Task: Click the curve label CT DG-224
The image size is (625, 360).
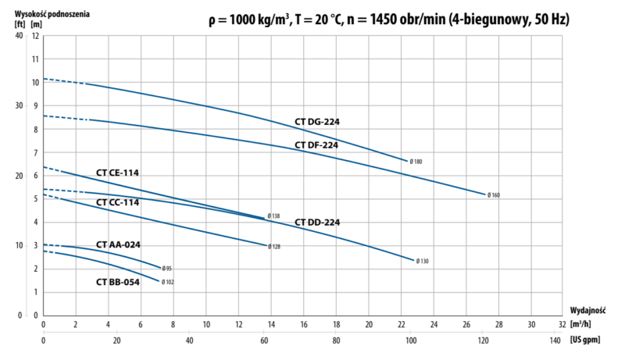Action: point(316,122)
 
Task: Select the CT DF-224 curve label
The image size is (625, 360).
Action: point(316,145)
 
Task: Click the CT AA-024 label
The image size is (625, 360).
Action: point(118,244)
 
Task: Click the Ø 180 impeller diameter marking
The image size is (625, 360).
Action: point(416,162)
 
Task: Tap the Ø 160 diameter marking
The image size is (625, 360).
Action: point(493,195)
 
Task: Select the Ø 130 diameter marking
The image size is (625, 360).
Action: point(422,261)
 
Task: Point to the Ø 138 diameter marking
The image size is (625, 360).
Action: point(273,216)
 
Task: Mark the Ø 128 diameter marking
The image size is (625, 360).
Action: point(274,247)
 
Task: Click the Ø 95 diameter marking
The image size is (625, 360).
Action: point(167,269)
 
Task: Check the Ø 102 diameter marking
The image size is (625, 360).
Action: point(168,282)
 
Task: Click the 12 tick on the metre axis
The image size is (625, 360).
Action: point(34,37)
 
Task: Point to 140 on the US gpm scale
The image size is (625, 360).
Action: point(556,340)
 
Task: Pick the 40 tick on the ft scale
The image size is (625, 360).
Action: point(18,37)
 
